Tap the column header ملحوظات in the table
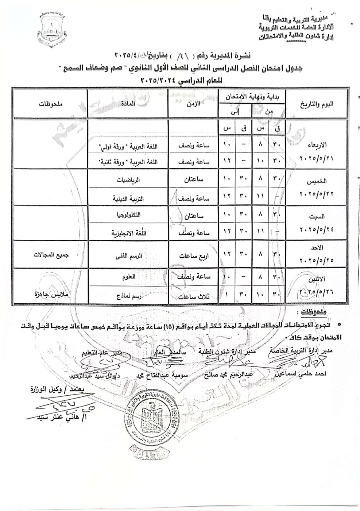point(50,104)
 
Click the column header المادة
point(128,104)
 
